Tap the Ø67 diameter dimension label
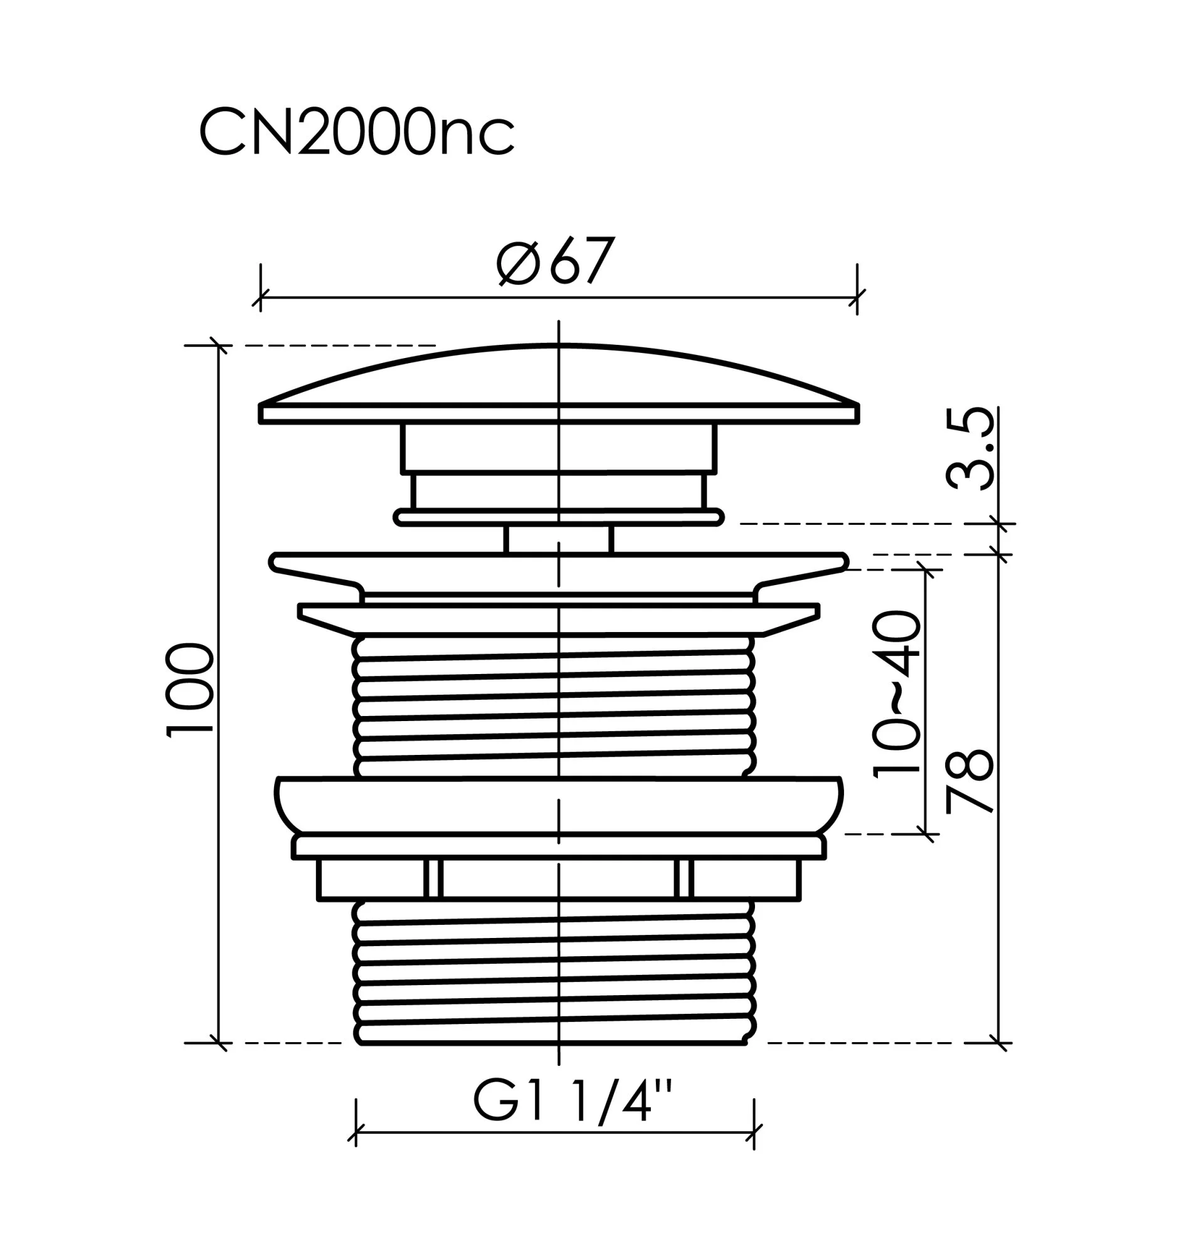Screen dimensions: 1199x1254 click(556, 260)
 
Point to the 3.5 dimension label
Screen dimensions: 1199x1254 click(970, 449)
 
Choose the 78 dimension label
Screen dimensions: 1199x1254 click(969, 781)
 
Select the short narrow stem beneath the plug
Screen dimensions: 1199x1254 click(559, 539)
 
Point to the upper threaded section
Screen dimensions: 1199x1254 click(554, 707)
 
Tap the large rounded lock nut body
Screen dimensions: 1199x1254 click(559, 806)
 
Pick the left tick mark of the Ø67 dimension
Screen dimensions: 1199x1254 click(261, 298)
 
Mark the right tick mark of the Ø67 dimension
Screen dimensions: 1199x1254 click(857, 298)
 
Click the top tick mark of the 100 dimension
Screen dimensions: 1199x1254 click(219, 345)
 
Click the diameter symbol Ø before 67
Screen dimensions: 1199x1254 click(519, 263)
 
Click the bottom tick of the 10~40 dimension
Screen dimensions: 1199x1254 click(926, 834)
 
